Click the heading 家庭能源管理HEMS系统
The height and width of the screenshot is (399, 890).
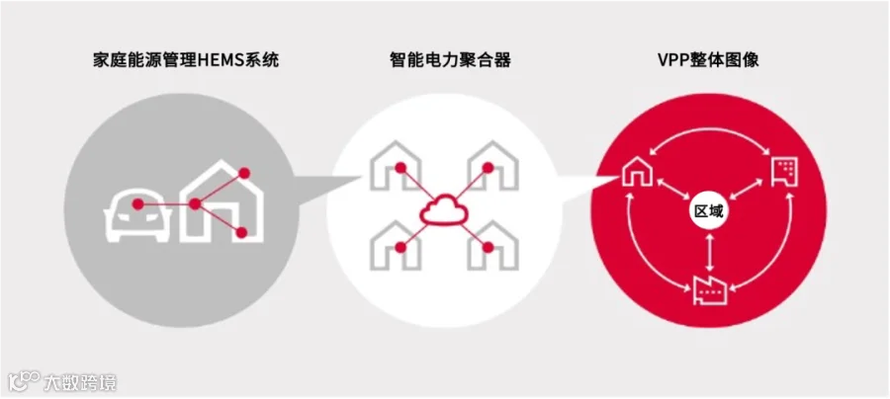183,60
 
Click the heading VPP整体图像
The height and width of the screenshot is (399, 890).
709,60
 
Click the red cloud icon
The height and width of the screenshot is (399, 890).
445,209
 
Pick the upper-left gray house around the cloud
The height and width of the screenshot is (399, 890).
394,165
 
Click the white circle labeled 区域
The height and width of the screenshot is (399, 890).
709,212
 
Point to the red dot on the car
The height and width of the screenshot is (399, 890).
138,204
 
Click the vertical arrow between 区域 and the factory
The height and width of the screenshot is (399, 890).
709,252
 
